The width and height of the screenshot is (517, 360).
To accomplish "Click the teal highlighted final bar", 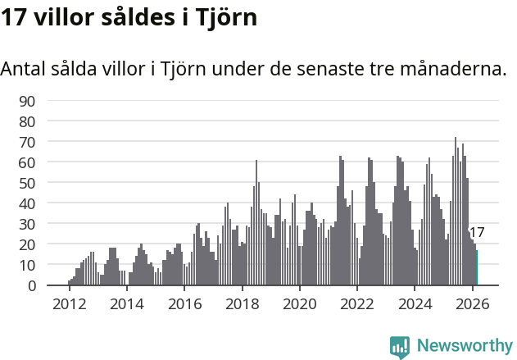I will [477, 268].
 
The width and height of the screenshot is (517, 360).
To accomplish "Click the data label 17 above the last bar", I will [477, 233].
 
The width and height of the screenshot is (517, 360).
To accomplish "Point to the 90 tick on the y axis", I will [27, 101].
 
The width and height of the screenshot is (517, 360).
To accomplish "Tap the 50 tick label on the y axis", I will [27, 183].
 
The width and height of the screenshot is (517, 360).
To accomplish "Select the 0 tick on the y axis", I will [31, 286].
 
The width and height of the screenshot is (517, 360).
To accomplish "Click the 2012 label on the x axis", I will [69, 303].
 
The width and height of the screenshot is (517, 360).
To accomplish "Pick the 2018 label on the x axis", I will [242, 303].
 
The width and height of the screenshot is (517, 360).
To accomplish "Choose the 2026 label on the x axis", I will [473, 303].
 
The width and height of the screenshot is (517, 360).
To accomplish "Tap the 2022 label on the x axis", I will [357, 303].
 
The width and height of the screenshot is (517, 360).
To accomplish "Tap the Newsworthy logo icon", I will [400, 347].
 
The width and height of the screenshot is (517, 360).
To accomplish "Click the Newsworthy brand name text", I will [464, 346].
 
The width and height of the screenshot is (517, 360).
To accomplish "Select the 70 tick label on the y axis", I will [27, 142].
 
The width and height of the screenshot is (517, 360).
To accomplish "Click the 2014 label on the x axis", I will [126, 303].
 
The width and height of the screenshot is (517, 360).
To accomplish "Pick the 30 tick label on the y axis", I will [27, 224].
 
